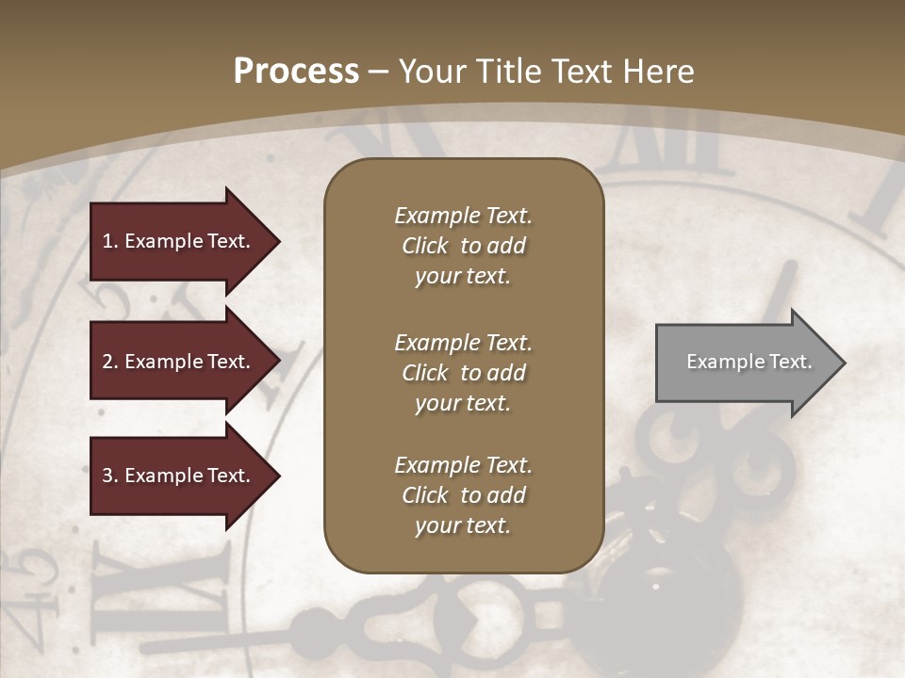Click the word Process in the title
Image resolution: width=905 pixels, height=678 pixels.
(296, 72)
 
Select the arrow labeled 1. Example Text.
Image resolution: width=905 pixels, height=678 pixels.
(179, 241)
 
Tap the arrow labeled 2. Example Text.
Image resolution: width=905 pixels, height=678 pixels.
(179, 362)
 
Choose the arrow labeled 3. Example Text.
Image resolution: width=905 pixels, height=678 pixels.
(179, 476)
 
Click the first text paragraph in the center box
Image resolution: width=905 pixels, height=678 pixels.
(463, 246)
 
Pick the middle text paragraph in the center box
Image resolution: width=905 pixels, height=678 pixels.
(463, 373)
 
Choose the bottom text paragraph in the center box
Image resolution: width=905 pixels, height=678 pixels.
(463, 495)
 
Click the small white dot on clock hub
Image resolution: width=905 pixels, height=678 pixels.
(655, 586)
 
